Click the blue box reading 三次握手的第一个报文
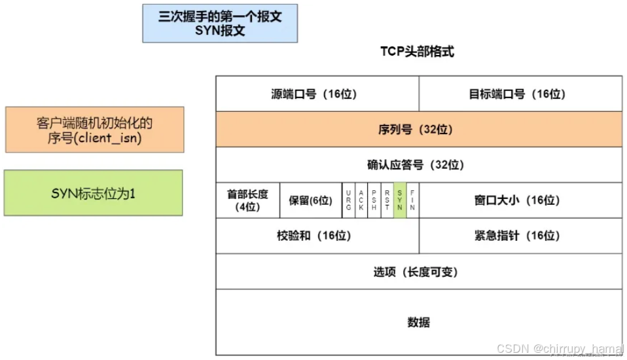click(x=220, y=24)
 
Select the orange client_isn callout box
click(x=95, y=130)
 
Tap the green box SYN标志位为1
click(x=94, y=193)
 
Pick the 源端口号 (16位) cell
click(x=317, y=94)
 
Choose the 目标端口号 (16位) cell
click(x=520, y=94)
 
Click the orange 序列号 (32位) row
click(x=419, y=130)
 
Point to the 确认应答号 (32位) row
click(x=419, y=165)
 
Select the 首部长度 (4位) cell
click(x=247, y=200)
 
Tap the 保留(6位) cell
click(x=310, y=200)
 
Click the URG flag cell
click(x=348, y=200)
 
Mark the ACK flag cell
click(x=361, y=200)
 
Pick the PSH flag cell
click(x=374, y=200)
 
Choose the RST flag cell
click(x=387, y=200)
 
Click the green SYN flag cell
click(x=400, y=200)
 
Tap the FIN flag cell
click(x=412, y=200)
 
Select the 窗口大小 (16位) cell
click(x=520, y=200)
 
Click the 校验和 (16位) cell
click(x=317, y=236)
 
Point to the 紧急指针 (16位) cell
click(x=520, y=236)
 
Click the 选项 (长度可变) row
click(x=419, y=272)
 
